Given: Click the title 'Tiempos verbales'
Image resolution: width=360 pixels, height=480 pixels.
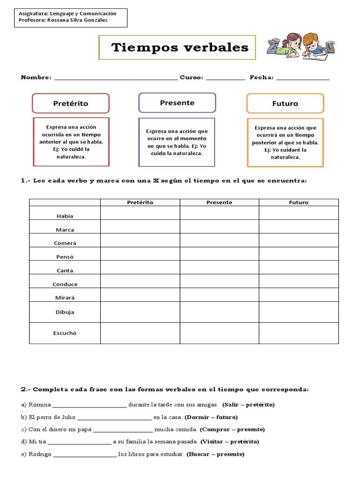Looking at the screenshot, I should click(x=180, y=47).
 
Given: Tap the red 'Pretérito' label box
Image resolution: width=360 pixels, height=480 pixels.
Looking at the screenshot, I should click(x=70, y=103).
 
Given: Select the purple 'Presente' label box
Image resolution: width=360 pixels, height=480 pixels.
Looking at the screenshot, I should click(x=177, y=103).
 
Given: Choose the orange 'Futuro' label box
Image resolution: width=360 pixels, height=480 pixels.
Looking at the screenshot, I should click(x=285, y=104).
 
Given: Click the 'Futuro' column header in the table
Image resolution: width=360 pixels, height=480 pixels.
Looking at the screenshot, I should click(x=299, y=202).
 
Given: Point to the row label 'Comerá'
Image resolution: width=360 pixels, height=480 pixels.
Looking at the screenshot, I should click(x=65, y=243).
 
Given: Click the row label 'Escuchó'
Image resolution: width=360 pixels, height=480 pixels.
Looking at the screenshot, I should click(x=65, y=333).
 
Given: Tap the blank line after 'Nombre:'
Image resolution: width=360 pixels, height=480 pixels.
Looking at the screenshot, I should click(x=116, y=78).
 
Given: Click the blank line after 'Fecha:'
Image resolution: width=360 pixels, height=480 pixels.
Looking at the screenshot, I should click(x=303, y=78).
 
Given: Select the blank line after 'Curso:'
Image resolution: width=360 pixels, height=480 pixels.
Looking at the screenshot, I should click(x=225, y=78).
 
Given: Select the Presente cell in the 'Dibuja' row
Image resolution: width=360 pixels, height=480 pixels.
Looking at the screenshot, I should click(x=219, y=312).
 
